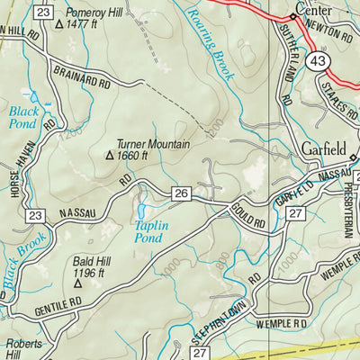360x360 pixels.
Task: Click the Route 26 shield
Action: pyautogui.click(x=181, y=193)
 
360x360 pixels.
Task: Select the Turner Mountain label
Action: pyautogui.click(x=153, y=144)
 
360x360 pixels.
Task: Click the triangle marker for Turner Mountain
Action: pyautogui.click(x=110, y=156)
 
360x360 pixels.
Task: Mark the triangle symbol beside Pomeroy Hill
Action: pyautogui.click(x=59, y=25)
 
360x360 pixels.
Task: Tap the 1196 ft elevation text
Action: pyautogui.click(x=90, y=273)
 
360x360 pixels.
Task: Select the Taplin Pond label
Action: pyautogui.click(x=148, y=232)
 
